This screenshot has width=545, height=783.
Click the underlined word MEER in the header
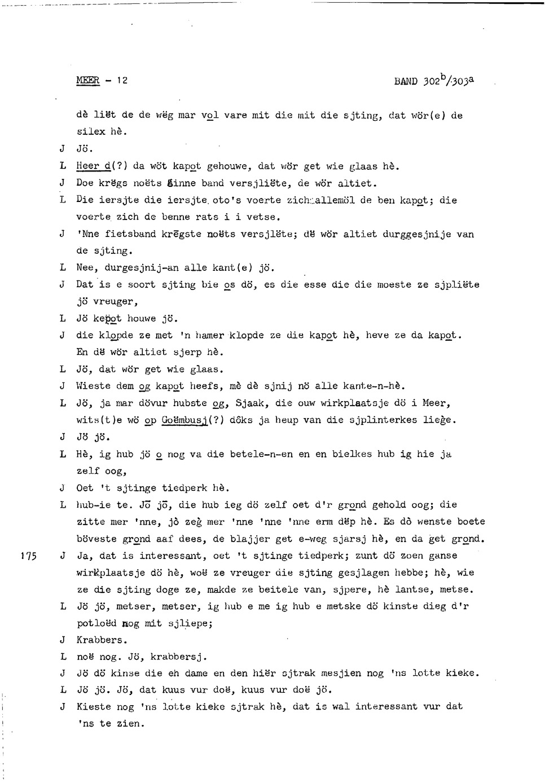point(87,80)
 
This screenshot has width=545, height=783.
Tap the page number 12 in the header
point(122,80)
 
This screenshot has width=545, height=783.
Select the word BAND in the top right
point(406,81)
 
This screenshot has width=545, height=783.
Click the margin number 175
point(28,556)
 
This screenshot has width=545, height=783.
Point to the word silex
point(90,132)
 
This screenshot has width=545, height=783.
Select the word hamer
point(211,335)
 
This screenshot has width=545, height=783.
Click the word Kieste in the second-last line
point(93,706)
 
